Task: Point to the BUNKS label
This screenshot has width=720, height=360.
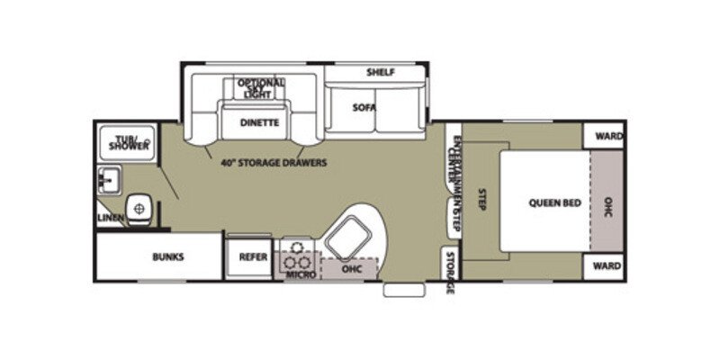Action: pos(167,256)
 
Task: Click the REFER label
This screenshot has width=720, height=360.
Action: pos(253,256)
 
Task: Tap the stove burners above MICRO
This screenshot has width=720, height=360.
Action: pos(296,254)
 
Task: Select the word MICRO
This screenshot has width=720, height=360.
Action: pos(301,274)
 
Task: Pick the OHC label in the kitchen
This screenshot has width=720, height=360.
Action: pos(350,267)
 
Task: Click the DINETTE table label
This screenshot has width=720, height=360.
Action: pos(259,122)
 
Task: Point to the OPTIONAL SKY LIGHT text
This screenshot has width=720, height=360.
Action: pos(261,87)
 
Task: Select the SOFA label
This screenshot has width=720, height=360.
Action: pos(364,108)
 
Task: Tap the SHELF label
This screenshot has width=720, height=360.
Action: pos(381,72)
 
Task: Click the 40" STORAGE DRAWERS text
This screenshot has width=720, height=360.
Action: pos(274,163)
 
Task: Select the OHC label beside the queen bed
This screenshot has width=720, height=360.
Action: pos(608,202)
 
